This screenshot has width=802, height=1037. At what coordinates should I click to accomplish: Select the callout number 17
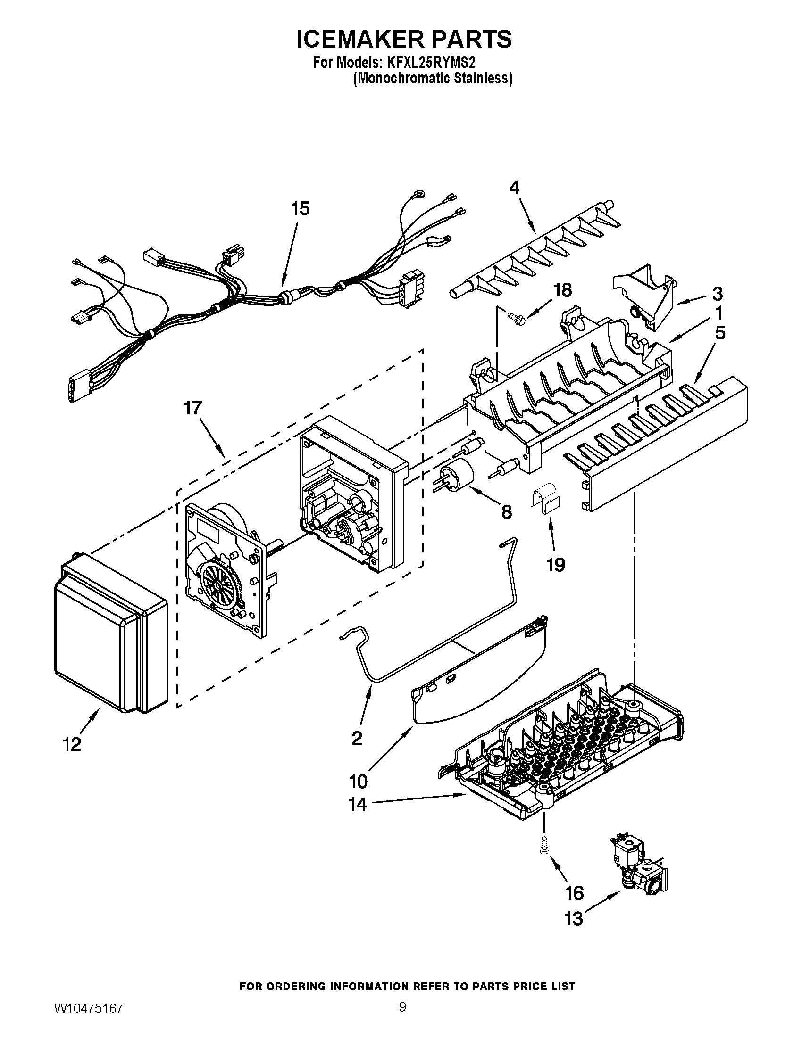193,408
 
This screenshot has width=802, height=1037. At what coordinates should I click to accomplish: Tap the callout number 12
72,744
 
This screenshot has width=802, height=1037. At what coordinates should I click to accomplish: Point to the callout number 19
555,565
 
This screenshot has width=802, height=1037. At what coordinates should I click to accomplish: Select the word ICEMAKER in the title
361,39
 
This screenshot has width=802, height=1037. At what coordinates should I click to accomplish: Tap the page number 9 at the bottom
402,1017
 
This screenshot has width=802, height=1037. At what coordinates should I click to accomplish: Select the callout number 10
358,781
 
